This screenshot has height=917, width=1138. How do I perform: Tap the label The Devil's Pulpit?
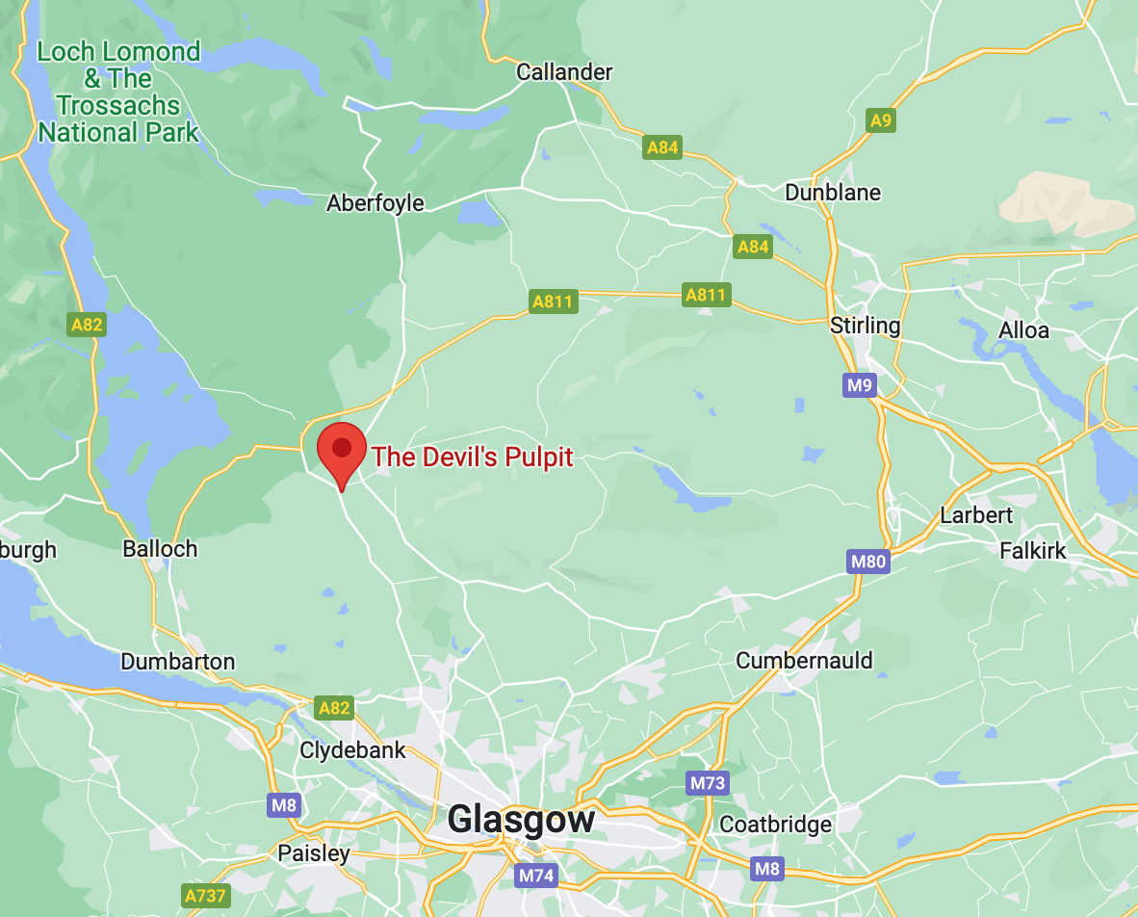[472, 457]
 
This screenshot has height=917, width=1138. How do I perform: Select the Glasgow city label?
[521, 820]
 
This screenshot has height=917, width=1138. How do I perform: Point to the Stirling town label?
[865, 326]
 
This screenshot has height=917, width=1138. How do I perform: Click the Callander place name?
[564, 72]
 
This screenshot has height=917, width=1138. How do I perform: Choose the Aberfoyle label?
[375, 203]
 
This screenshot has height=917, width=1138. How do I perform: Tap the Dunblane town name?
[833, 193]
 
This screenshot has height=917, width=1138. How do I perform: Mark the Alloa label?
[1023, 330]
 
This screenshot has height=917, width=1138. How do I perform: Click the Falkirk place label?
[1033, 551]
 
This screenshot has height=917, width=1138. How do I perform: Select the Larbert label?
[976, 515]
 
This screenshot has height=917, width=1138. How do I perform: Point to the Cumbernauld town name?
[804, 661]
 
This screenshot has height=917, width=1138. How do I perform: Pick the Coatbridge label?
[775, 825]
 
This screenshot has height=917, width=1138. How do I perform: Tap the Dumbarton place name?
[177, 662]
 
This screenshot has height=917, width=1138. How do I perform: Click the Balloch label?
[160, 549]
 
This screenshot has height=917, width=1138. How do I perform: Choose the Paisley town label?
[314, 853]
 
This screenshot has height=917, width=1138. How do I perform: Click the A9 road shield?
[881, 120]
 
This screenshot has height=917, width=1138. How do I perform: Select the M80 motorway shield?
[867, 562]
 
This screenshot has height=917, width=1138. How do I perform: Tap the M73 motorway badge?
[707, 783]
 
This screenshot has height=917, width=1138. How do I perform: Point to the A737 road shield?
[205, 896]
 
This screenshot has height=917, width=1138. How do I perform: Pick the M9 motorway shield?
[859, 386]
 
